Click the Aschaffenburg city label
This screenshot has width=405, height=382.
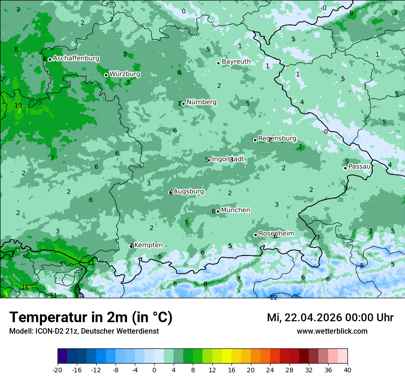pos(76,58)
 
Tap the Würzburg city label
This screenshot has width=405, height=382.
pos(125,74)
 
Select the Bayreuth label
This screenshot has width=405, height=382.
pos(236,61)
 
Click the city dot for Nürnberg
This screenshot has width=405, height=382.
pos(183,104)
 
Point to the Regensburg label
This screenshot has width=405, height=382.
pos(277,139)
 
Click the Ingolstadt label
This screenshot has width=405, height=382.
pos(228,159)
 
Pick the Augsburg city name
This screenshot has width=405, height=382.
pos(189,191)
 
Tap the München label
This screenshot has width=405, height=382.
pos(236,210)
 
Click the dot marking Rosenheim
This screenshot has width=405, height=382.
pos(255,235)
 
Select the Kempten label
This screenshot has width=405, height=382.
pos(148,245)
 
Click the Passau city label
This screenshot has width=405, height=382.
pos(359,166)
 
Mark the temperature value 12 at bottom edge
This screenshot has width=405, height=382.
pos(273,297)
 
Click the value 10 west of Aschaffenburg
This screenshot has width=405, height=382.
pos(18,105)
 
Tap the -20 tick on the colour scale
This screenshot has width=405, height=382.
pos(58,370)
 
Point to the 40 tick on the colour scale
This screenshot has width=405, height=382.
pos(347,370)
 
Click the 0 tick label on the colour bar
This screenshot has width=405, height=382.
pos(154,370)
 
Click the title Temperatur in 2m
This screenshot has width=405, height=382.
pos(91,318)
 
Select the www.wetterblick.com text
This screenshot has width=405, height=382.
pos(332,331)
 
